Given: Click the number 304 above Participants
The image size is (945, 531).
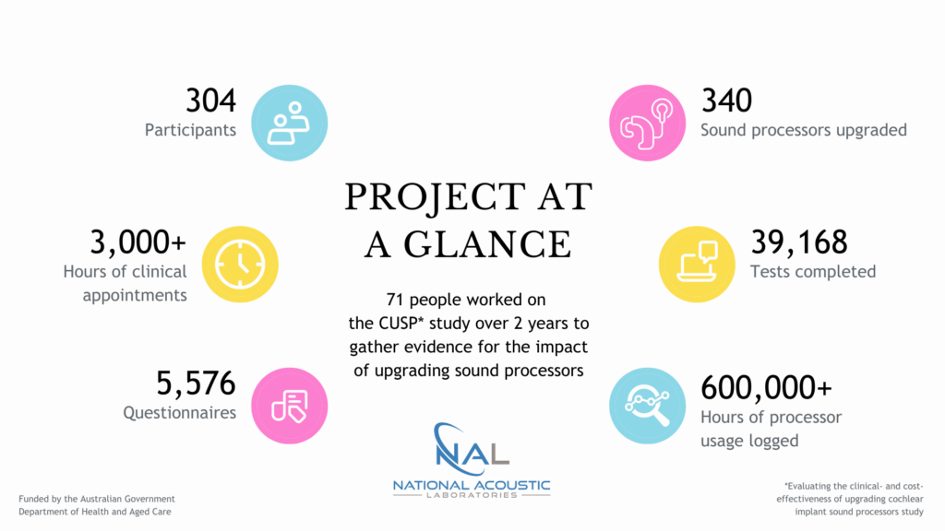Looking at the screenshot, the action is [x=211, y=100].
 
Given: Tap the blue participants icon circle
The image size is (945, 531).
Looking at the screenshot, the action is [x=289, y=123].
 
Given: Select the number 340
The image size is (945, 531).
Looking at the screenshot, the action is [x=726, y=100].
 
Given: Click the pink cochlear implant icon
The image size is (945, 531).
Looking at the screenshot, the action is [x=647, y=123].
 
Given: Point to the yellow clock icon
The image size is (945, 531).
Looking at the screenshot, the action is [x=240, y=265].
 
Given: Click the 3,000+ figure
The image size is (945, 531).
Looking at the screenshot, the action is [x=138, y=242].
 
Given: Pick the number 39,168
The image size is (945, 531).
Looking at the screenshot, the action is [x=799, y=242].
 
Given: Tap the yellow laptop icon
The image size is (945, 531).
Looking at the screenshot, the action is [x=697, y=265].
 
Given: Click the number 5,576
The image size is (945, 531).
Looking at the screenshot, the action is [x=196, y=383].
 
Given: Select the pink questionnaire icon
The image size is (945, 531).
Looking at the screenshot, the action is [x=289, y=406].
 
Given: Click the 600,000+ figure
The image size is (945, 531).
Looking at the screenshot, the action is [x=766, y=387].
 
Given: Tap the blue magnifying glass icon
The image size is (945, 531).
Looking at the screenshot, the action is [x=647, y=406].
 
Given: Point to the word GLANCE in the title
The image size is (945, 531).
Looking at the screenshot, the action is [x=487, y=244].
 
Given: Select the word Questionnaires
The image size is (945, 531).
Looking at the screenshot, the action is [x=180, y=413].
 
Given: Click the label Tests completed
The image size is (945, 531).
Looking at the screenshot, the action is [x=813, y=272].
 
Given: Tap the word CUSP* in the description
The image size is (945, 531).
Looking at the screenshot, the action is [x=401, y=324].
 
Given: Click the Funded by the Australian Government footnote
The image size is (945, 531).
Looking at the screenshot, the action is [x=96, y=499].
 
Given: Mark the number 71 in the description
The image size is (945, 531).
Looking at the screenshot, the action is [x=394, y=300].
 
